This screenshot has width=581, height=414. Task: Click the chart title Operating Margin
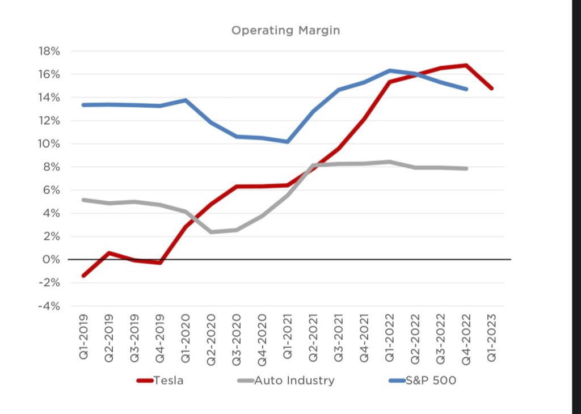tap(285, 30)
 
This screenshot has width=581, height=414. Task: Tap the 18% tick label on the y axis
tap(49, 51)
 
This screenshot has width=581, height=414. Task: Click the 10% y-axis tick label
tap(49, 143)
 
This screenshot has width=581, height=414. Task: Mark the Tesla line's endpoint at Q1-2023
tap(491, 88)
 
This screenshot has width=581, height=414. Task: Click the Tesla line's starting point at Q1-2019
tap(83, 276)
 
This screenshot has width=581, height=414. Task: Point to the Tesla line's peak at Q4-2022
tap(466, 65)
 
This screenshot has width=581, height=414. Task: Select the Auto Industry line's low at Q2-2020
tap(211, 232)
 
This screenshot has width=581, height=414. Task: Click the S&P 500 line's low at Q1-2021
tap(288, 141)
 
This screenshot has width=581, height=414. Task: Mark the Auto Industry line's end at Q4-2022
tap(466, 168)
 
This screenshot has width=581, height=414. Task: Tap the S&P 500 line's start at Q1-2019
tap(83, 105)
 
